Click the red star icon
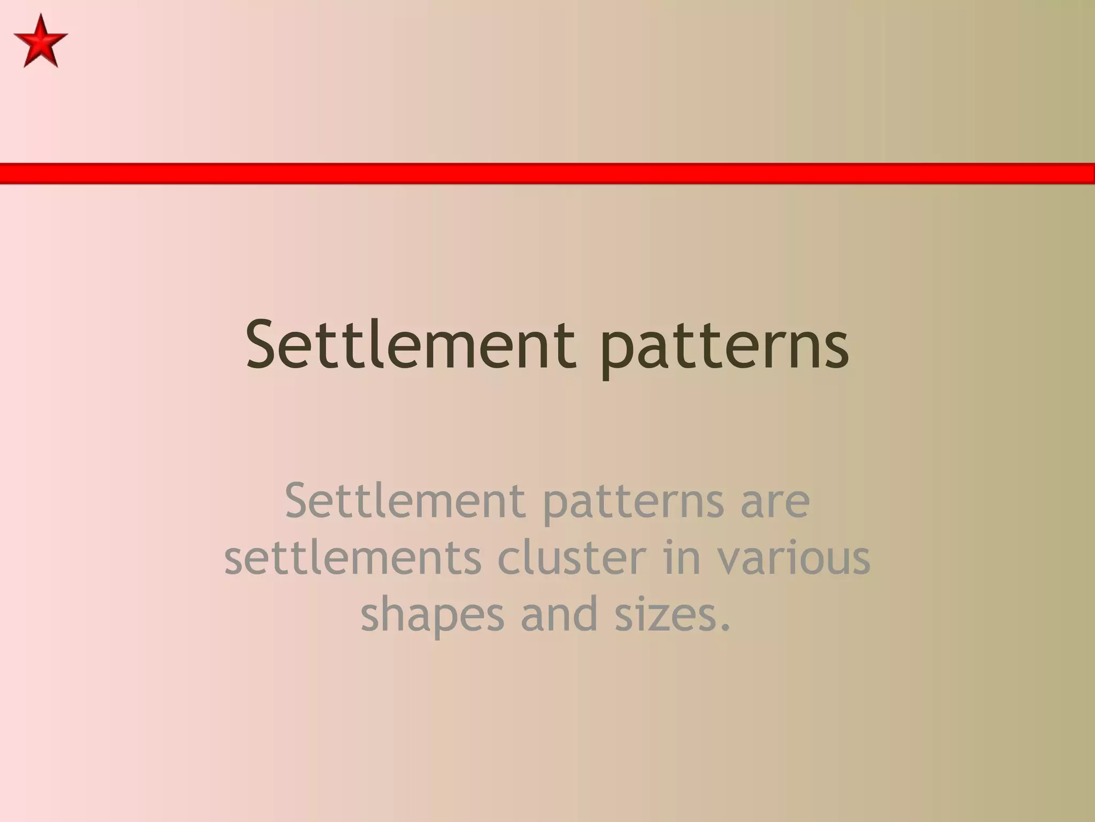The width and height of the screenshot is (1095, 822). pyautogui.click(x=41, y=41)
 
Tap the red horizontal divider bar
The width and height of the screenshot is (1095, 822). pyautogui.click(x=547, y=173)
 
